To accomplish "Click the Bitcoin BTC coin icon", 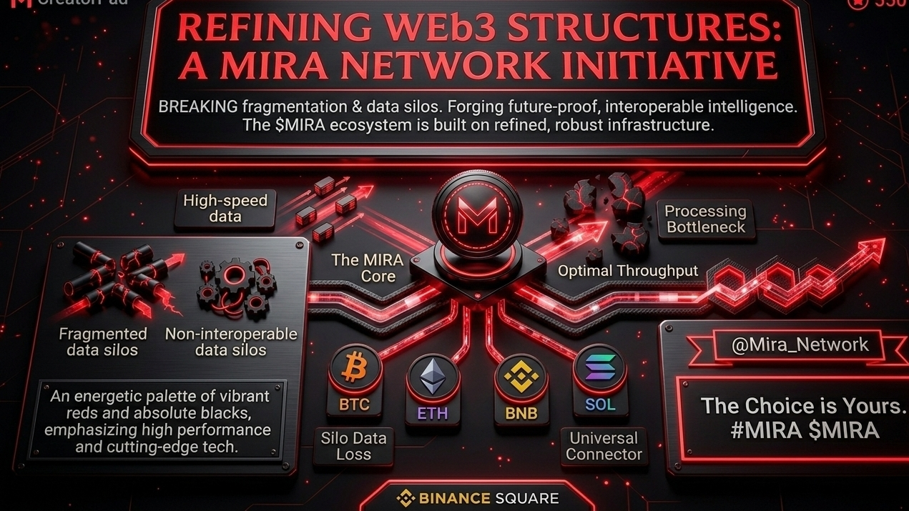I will click(x=355, y=368).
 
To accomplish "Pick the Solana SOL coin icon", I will click(x=600, y=367).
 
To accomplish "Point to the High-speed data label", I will click(x=225, y=208).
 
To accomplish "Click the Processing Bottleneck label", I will click(x=705, y=219).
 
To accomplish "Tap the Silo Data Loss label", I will click(x=353, y=446).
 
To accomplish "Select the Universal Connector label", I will click(x=604, y=446).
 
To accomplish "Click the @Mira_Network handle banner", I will click(x=800, y=345).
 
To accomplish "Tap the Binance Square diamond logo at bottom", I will click(x=406, y=497).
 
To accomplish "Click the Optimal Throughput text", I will click(x=628, y=271).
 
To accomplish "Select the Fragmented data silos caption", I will click(x=102, y=342).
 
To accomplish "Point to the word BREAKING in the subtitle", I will click(x=198, y=107).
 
